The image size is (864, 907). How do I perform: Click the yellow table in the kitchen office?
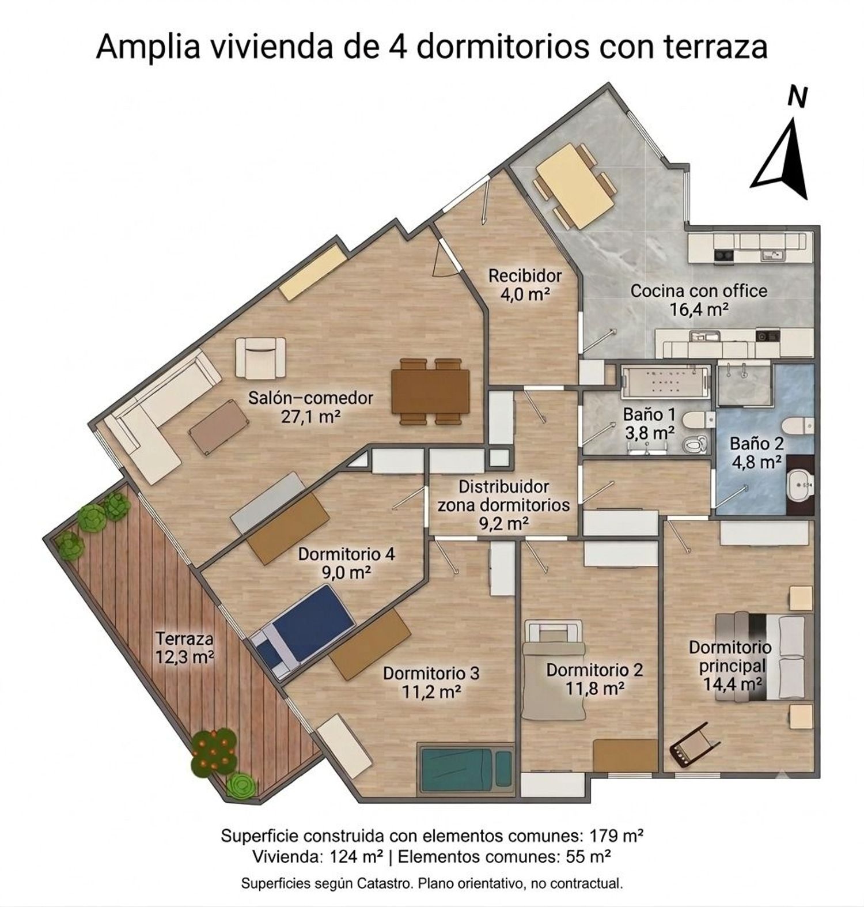coord(573,184)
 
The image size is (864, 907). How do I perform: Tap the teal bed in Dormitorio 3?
coord(465,768)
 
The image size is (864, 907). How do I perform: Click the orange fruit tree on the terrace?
coord(213,751)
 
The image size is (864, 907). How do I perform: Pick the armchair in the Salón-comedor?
coord(261,358)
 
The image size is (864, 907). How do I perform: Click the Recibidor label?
coord(525,276)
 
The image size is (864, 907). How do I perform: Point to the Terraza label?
coord(184,638)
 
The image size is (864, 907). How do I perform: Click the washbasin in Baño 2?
coord(801,485)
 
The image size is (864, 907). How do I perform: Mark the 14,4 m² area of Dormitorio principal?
coord(733,683)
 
